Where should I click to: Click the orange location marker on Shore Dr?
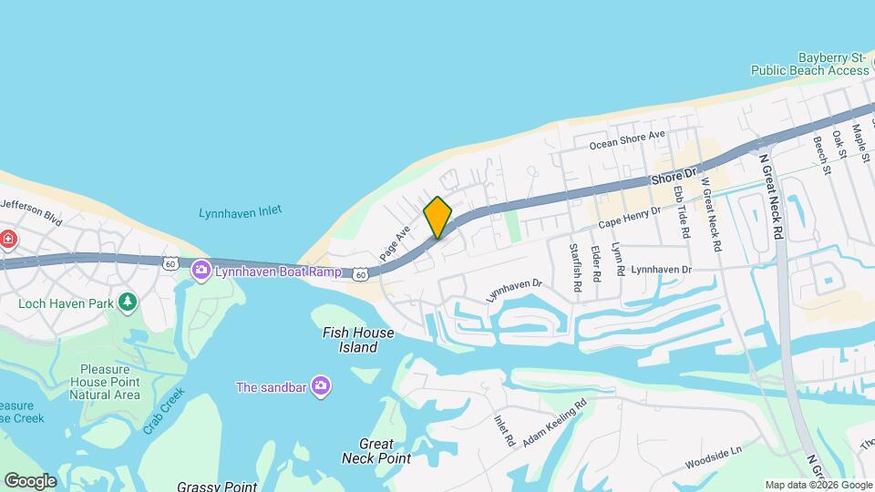437,218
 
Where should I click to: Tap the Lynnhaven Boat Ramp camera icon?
201,271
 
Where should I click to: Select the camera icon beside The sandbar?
320,386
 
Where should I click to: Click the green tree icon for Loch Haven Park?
129,302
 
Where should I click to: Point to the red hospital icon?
8,240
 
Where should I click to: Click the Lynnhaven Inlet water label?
240,212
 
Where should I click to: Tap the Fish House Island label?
358,340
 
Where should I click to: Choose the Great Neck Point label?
376,451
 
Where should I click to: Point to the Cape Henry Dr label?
629,218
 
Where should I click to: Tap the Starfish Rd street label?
575,266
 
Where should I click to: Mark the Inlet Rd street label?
504,431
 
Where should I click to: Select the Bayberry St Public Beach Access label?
809,63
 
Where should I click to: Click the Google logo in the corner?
30,480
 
